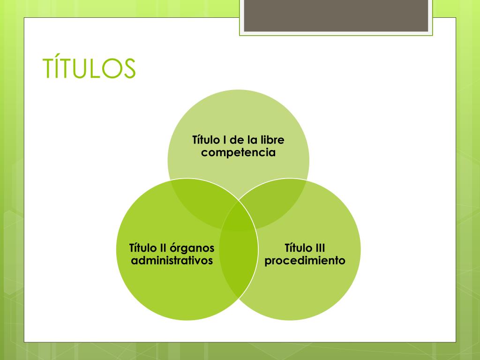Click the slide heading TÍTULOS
(x=89, y=67)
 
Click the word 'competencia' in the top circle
(x=238, y=152)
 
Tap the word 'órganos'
(x=192, y=248)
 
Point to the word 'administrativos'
(x=172, y=261)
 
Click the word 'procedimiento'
(x=305, y=261)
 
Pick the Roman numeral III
(x=320, y=248)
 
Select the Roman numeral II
(x=163, y=248)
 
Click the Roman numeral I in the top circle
(x=225, y=140)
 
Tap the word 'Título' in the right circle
(x=297, y=247)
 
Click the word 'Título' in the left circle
(x=142, y=247)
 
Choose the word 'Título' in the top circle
(x=206, y=139)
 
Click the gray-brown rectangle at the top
(x=336, y=15)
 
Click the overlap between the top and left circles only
(x=203, y=202)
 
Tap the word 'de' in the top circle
(x=237, y=140)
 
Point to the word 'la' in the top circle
(x=252, y=140)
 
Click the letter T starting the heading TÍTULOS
(x=48, y=68)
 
